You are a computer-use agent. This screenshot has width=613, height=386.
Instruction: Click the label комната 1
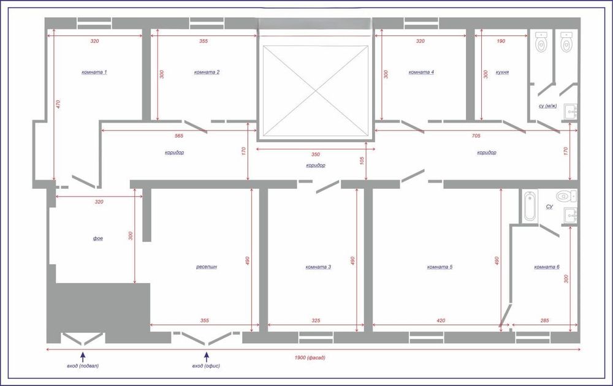click(x=94, y=72)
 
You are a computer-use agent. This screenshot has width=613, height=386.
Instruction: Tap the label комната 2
click(x=207, y=72)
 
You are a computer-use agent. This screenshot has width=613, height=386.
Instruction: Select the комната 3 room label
click(x=318, y=267)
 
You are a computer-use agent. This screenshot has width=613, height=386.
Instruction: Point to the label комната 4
click(x=421, y=72)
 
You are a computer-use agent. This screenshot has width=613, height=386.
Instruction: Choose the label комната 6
click(x=547, y=267)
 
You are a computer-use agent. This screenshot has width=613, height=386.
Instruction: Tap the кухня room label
click(x=501, y=72)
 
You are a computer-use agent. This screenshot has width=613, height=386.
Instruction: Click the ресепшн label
click(x=207, y=267)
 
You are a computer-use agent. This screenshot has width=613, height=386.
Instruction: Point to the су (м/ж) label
click(x=547, y=106)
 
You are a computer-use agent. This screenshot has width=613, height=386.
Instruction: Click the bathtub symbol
click(x=530, y=205)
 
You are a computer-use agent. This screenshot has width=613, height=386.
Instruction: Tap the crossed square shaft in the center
click(x=315, y=90)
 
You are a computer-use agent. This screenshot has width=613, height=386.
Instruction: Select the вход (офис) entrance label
click(x=206, y=366)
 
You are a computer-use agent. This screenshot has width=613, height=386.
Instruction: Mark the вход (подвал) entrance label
click(x=83, y=366)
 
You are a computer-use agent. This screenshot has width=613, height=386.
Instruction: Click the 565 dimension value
click(x=179, y=135)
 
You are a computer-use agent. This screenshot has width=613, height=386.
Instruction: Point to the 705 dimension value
click(x=475, y=135)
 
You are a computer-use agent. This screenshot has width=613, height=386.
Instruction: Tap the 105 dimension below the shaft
click(x=362, y=161)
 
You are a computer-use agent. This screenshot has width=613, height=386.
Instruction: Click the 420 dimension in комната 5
click(x=441, y=320)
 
